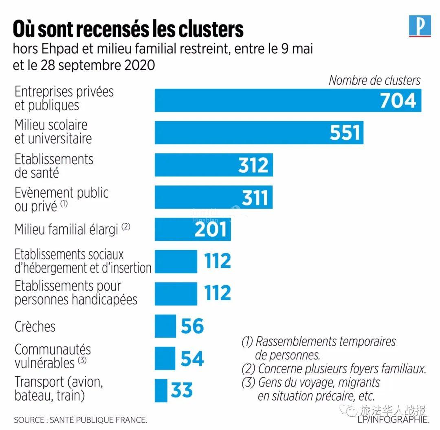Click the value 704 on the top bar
click(x=398, y=100)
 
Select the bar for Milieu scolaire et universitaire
click(x=244, y=132)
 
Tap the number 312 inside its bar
click(x=253, y=165)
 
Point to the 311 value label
click(x=255, y=197)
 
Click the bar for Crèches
click(x=165, y=326)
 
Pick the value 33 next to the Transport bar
click(x=182, y=390)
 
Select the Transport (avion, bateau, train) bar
click(x=161, y=390)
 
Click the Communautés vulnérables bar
click(x=165, y=358)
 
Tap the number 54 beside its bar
click(x=192, y=358)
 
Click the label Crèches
click(x=35, y=326)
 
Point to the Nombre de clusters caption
click(x=374, y=80)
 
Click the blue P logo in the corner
click(x=420, y=26)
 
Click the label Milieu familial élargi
click(x=67, y=229)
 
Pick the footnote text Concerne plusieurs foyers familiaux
click(x=342, y=369)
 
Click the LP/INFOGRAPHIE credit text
click(x=393, y=419)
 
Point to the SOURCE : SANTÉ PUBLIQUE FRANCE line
click(x=80, y=420)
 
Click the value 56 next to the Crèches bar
click(x=192, y=326)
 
